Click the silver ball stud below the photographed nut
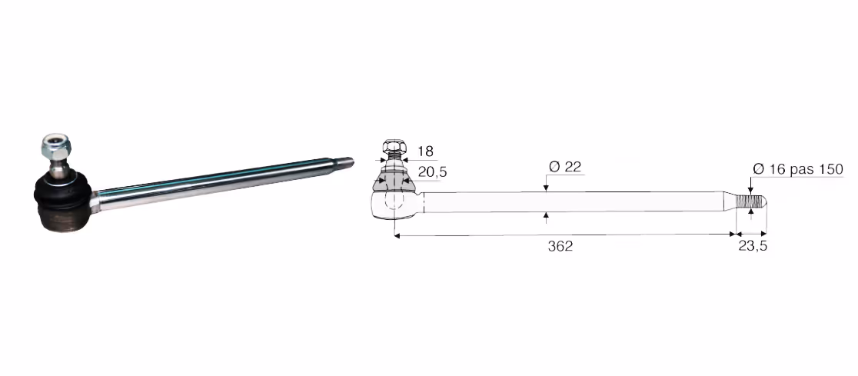[x=57, y=166]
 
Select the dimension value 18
[x=425, y=151]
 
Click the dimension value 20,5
[x=432, y=172]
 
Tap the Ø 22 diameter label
[x=565, y=167]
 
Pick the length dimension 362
[x=560, y=246]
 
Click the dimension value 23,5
[x=753, y=246]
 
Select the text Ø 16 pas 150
[x=798, y=169]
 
